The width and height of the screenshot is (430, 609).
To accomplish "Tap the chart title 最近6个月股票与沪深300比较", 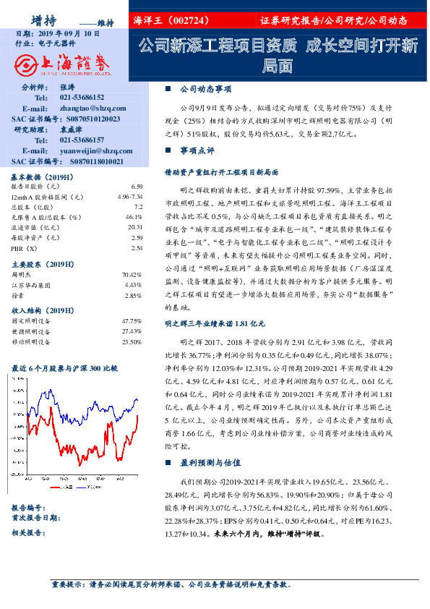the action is point(64,368).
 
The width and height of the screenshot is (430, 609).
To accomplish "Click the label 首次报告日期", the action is point(35,517).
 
